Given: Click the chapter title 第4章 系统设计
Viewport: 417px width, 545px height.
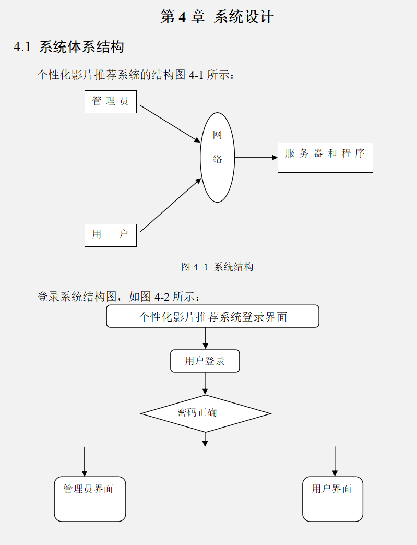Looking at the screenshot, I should [217, 17].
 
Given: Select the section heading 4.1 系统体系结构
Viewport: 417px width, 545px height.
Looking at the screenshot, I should [69, 47].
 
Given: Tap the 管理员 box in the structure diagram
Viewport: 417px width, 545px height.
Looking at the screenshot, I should [110, 101].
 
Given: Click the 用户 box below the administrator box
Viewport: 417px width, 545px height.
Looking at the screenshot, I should [110, 235].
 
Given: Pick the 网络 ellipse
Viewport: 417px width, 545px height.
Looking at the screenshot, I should [217, 157].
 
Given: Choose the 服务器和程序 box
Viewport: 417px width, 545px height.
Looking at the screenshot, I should [325, 157].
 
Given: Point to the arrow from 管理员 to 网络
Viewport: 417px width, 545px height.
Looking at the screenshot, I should [170, 123].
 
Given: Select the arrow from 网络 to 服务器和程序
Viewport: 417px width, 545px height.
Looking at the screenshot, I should [256, 157].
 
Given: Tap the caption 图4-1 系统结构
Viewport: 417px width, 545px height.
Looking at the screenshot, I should [217, 267].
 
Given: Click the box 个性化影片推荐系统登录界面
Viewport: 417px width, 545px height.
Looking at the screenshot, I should [212, 316].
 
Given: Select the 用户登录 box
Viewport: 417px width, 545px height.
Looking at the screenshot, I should [205, 361].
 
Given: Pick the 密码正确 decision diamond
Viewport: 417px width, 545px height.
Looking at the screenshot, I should [205, 413].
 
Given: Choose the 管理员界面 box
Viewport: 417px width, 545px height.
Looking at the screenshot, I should [90, 499].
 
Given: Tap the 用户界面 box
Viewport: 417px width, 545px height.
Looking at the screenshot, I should [332, 499].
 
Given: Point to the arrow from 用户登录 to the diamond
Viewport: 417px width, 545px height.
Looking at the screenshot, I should [205, 384].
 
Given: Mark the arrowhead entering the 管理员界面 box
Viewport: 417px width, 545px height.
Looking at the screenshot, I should [85, 473].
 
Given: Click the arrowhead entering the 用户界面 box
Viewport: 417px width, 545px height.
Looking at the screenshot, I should [335, 473].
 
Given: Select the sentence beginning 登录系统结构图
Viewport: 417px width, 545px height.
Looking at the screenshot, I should [118, 297].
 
